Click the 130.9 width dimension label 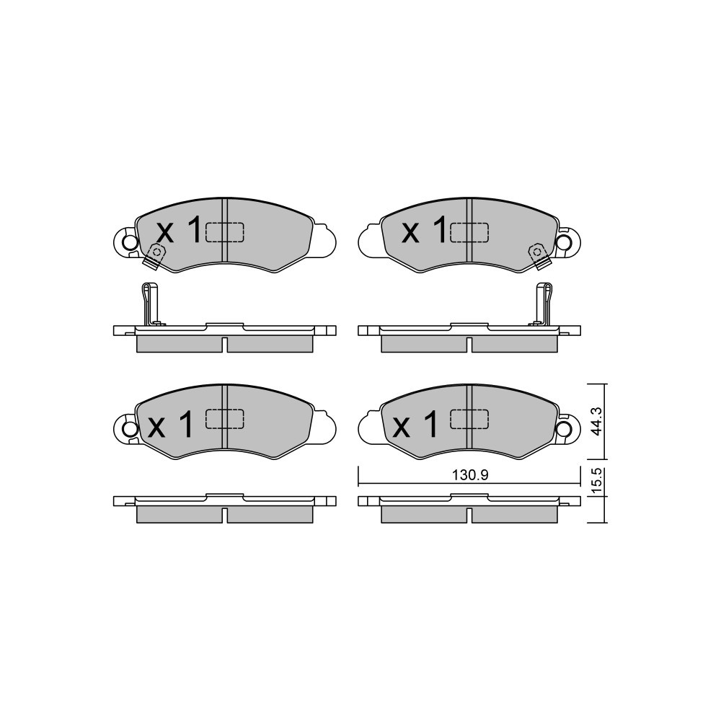point(469,475)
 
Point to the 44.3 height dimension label point(596,422)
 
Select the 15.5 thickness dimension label point(596,481)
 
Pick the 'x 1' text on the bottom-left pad point(169,424)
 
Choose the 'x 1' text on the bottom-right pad point(415,424)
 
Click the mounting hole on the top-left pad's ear point(130,241)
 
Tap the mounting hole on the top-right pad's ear point(562,241)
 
